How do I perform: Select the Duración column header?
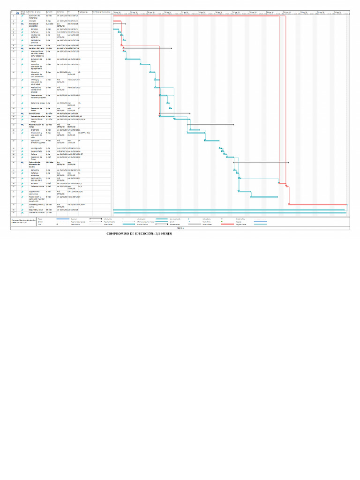(x=49, y=11)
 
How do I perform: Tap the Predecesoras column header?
(x=83, y=11)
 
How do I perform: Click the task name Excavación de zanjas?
(x=36, y=60)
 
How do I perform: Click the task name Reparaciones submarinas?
(x=37, y=192)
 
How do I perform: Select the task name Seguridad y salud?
(x=36, y=210)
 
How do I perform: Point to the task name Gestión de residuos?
(x=37, y=213)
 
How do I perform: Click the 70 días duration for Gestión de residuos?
(x=49, y=213)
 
